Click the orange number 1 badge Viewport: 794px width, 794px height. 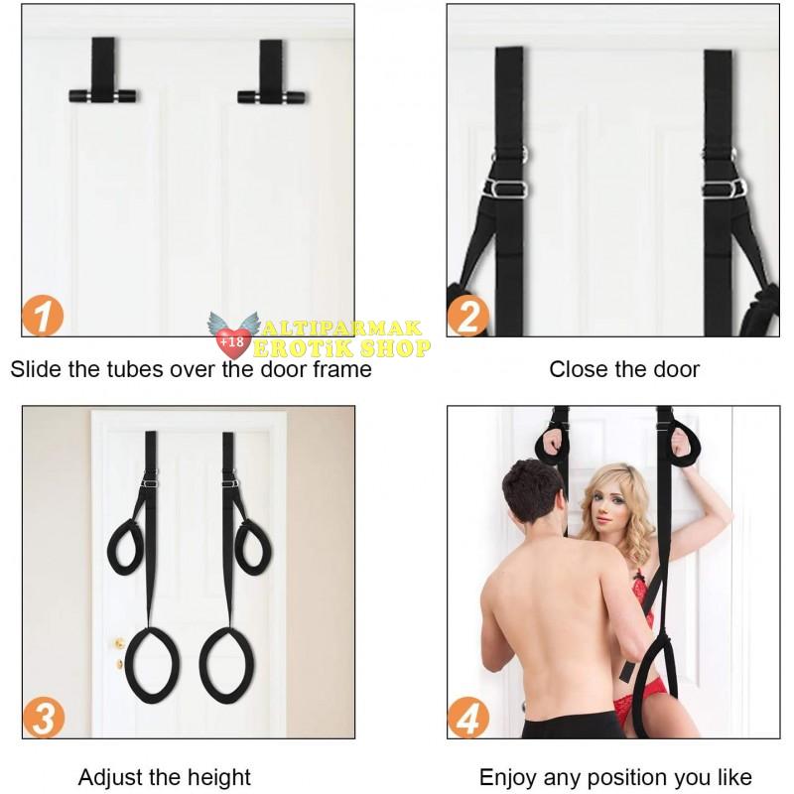pos(43,316)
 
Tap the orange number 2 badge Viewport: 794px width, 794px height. pos(467,316)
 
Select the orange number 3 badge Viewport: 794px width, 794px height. pos(44,718)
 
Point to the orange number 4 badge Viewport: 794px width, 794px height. pos(468,718)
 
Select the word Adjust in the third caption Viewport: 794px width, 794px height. pos(107,777)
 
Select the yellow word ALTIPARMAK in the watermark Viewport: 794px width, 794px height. pos(341,329)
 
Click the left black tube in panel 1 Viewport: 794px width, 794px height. pos(103,95)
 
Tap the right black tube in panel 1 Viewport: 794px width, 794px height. pos(272,96)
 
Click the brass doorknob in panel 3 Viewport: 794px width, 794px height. pos(119,643)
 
